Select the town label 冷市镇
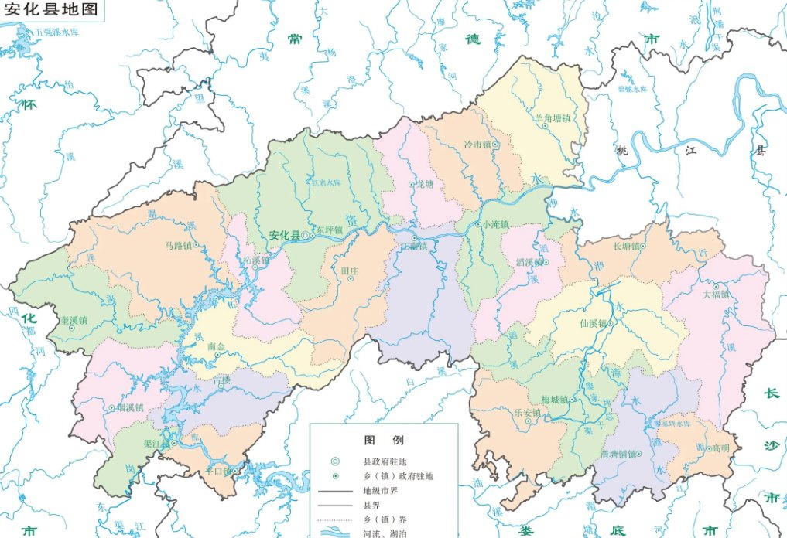point(477,145)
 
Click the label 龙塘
point(426,185)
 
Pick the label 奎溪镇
point(74,318)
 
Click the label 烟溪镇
point(131,407)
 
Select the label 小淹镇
point(495,224)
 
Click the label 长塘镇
point(626,247)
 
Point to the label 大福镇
point(716,295)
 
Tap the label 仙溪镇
point(594,324)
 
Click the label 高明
point(720,448)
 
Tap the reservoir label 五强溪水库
point(63,33)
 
